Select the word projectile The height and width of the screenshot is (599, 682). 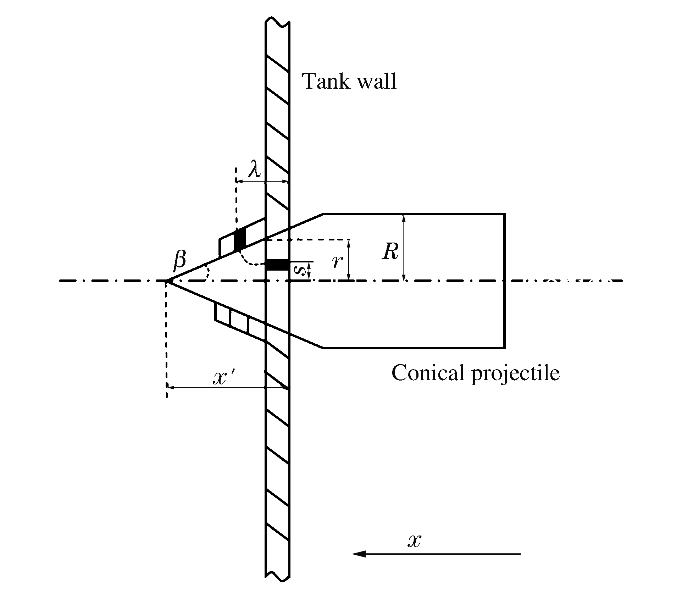(515, 374)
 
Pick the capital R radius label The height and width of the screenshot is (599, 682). (390, 251)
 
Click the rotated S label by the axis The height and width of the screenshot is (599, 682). (300, 271)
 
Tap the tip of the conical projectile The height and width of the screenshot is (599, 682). (166, 281)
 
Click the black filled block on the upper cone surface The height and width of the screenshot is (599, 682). (240, 240)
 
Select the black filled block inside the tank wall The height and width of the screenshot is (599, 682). (277, 265)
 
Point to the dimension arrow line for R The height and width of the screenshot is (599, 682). (404, 248)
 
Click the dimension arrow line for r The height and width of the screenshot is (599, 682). (349, 260)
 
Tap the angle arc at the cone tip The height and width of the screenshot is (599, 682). (207, 273)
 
